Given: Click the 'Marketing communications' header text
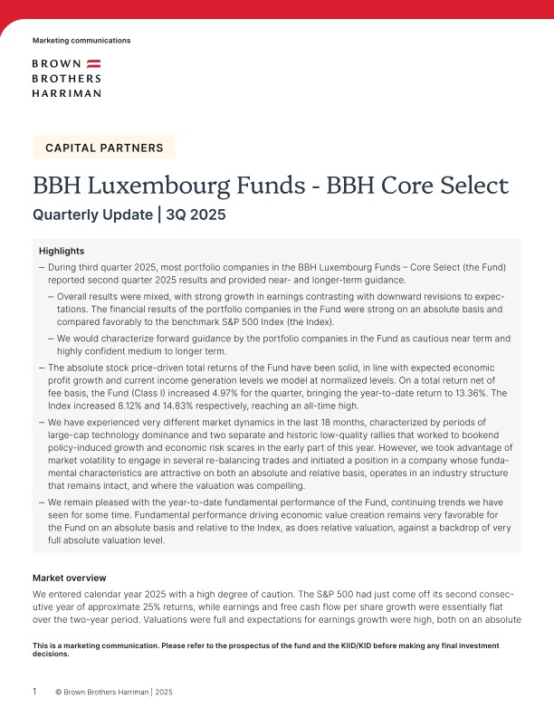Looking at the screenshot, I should [81, 41].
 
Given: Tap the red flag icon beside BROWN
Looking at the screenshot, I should [93, 64].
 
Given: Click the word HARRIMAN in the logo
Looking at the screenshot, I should [66, 92].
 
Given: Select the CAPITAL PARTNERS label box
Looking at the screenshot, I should [104, 148].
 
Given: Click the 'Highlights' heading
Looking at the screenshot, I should [62, 250].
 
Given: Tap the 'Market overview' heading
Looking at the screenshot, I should [69, 578].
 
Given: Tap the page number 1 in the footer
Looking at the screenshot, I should [34, 692].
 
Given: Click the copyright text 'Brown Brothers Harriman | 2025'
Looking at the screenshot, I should [118, 692].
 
